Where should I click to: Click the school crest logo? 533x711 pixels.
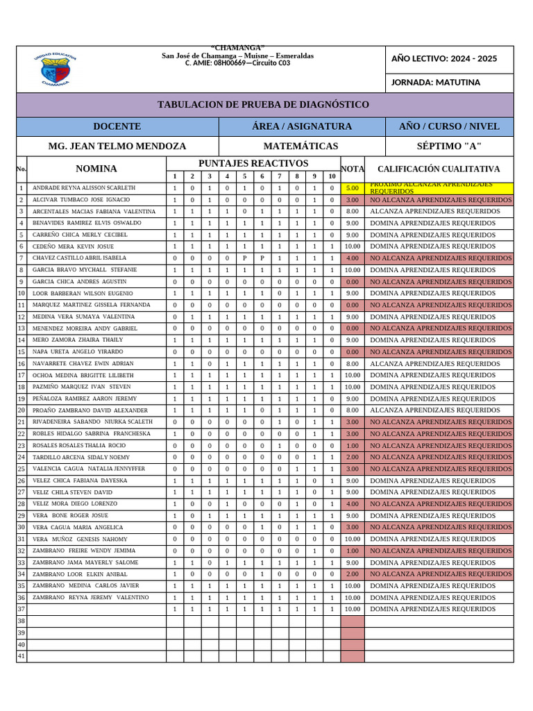click(x=55, y=70)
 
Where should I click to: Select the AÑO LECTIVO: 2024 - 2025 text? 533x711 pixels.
click(x=444, y=58)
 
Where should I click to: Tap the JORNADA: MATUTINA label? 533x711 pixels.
click(x=435, y=83)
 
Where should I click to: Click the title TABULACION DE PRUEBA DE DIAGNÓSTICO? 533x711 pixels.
click(x=264, y=105)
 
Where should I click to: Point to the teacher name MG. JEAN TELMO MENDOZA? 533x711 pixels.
click(x=117, y=147)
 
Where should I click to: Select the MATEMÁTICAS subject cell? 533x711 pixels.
click(x=301, y=147)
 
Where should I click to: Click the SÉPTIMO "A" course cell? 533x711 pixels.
click(x=448, y=147)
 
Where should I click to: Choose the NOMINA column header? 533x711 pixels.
click(x=96, y=169)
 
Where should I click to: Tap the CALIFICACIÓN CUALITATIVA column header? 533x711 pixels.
click(x=438, y=169)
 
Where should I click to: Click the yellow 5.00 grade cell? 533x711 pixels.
click(x=352, y=188)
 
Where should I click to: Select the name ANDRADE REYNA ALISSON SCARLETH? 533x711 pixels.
click(x=84, y=188)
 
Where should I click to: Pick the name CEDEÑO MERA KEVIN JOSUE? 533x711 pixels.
click(x=73, y=246)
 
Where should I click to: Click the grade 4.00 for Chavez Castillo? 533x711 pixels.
click(x=352, y=258)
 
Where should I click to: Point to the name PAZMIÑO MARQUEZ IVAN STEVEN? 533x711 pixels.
click(x=81, y=387)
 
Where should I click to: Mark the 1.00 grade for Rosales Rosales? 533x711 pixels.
click(x=352, y=446)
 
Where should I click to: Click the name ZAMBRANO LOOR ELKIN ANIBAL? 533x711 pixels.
click(x=80, y=574)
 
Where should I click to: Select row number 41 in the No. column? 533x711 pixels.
click(x=21, y=656)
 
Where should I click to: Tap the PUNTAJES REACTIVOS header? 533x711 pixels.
click(x=253, y=163)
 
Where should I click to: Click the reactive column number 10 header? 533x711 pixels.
click(x=332, y=176)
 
